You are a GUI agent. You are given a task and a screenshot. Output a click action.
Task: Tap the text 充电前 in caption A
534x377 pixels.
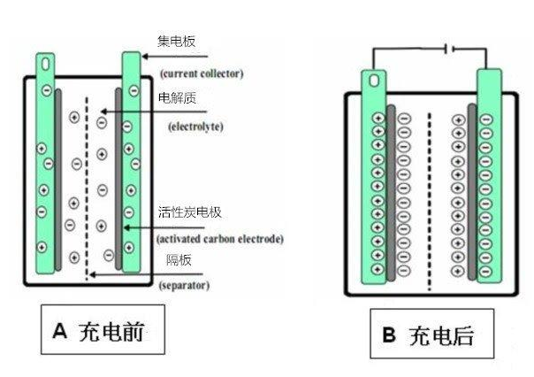coord(111,331)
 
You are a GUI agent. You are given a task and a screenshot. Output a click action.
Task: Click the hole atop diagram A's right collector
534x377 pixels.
coord(131,65)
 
